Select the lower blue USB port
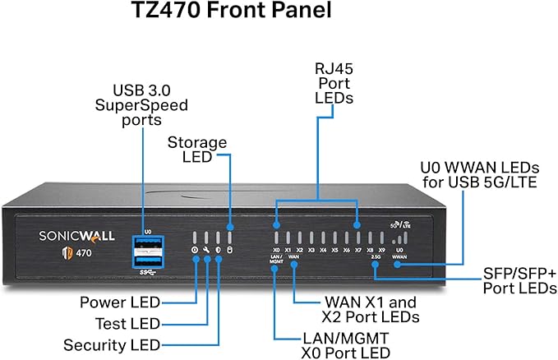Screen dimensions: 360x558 coord(147,258)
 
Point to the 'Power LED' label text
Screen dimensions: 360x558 coord(120,302)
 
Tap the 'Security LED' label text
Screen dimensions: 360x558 coord(112,344)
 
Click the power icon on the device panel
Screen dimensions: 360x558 coord(195,249)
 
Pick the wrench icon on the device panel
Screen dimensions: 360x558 coord(206,249)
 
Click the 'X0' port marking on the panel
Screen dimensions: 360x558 coord(277,249)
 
